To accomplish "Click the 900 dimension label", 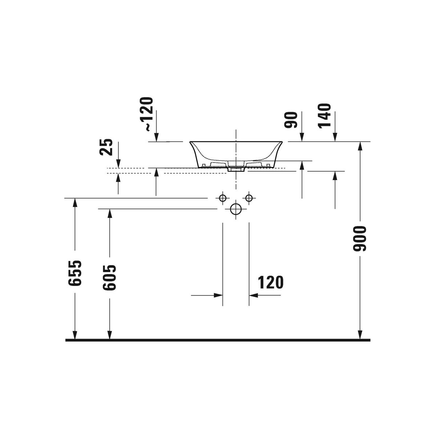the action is coord(360,239).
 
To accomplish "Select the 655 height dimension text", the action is coord(75,273).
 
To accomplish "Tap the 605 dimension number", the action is coord(109,278).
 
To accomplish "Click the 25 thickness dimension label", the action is coord(106,147).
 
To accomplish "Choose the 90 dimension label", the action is coord(291,120).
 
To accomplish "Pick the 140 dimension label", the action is coord(325,116).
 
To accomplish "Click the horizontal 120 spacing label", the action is coord(271,282).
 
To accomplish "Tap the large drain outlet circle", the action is coord(236,209).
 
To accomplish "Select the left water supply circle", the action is coord(223,198).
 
